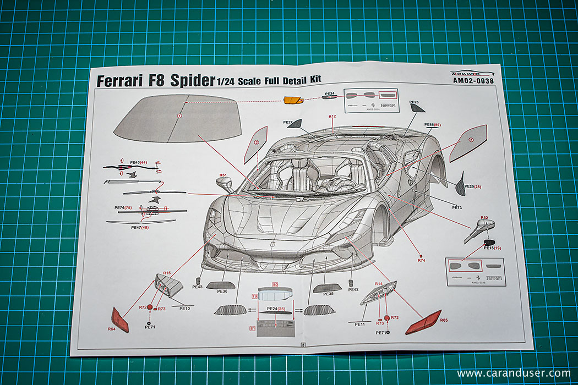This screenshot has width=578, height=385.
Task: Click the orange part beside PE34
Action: [293, 101]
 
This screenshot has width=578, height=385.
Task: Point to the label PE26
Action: [414, 103]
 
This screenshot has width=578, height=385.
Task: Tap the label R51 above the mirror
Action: [223, 175]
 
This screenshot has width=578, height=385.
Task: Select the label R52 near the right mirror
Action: [484, 218]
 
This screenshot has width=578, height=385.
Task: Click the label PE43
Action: [198, 287]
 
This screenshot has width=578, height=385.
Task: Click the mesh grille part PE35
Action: [327, 288]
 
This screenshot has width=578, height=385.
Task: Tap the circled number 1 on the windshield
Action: [179, 116]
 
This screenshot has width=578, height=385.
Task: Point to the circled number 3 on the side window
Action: [470, 140]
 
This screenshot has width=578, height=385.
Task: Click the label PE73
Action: [457, 207]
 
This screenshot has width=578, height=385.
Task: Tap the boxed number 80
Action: [275, 284]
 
